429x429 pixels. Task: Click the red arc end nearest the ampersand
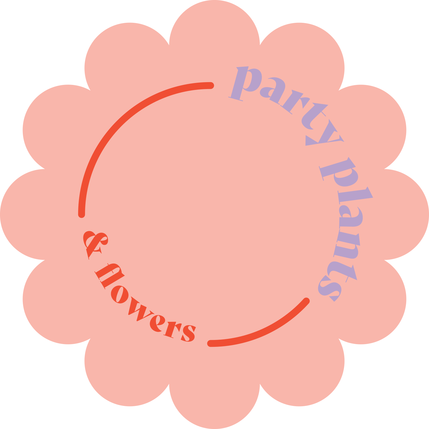(x=81, y=215)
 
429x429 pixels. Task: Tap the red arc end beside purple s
(x=307, y=301)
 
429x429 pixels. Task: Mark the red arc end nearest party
(x=211, y=85)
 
